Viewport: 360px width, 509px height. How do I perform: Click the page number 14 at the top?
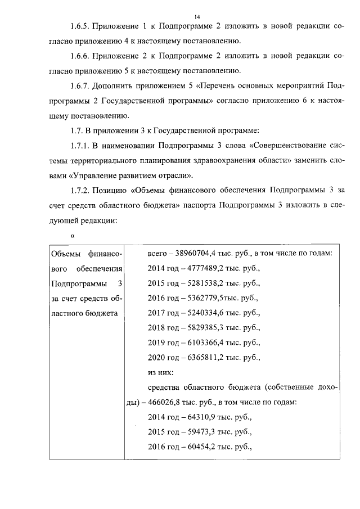tap(182, 8)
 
